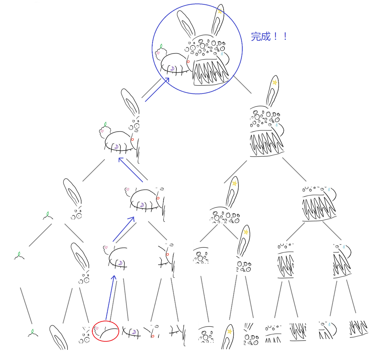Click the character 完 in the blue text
click(256, 36)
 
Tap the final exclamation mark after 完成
click(285, 36)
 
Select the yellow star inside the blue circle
click(220, 12)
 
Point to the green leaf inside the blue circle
click(161, 46)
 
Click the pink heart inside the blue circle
click(158, 53)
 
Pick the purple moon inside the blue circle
click(172, 68)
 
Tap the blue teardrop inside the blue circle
click(222, 53)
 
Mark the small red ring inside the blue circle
click(188, 62)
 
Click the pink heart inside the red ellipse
click(97, 328)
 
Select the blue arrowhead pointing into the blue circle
click(167, 80)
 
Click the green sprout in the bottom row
click(33, 333)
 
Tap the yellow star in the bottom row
click(230, 331)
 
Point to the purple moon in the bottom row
click(134, 332)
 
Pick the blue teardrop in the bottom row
click(329, 324)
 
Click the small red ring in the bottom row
click(153, 336)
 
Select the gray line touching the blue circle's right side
click(242, 84)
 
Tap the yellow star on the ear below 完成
click(275, 83)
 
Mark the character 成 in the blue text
click(266, 36)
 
